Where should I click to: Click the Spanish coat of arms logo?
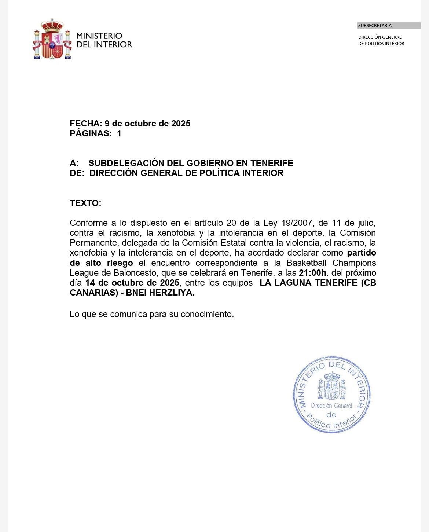pyautogui.click(x=52, y=39)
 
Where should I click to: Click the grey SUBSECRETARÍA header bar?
pyautogui.click(x=389, y=26)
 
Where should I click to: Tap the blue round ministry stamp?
pyautogui.click(x=331, y=395)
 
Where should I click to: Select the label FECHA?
pyautogui.click(x=86, y=124)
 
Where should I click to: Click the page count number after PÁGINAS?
pyautogui.click(x=119, y=133)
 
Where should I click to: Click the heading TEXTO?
pyautogui.click(x=85, y=203)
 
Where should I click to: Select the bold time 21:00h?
pyautogui.click(x=312, y=273)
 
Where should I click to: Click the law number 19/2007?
pyautogui.click(x=297, y=223)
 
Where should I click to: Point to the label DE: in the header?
pyautogui.click(x=77, y=173)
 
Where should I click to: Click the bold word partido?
pyautogui.click(x=362, y=253)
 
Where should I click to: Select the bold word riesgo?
pyautogui.click(x=120, y=263)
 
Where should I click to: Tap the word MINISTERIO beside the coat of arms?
pyautogui.click(x=99, y=36)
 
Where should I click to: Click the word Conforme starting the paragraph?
pyautogui.click(x=88, y=223)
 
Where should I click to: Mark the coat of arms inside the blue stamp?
pyautogui.click(x=332, y=386)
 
